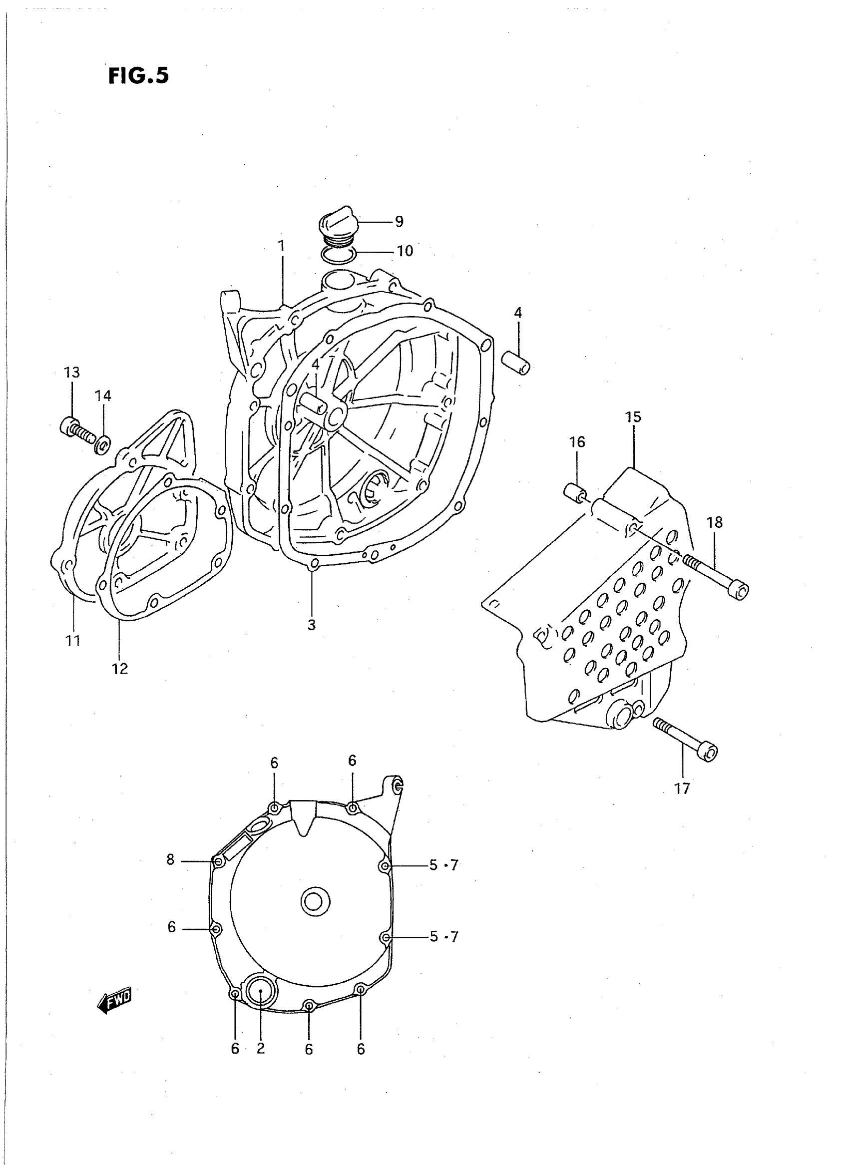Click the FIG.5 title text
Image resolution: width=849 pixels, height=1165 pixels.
click(x=138, y=75)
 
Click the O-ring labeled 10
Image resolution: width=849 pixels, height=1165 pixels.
click(x=338, y=253)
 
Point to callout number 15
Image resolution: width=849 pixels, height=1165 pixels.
click(x=633, y=417)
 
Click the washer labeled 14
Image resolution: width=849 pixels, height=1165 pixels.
click(x=102, y=444)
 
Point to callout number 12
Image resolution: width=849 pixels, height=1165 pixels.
click(x=120, y=669)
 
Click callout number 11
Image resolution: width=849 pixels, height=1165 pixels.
click(x=72, y=641)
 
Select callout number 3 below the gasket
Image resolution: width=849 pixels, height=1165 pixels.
click(x=312, y=625)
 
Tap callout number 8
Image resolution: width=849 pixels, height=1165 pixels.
click(x=171, y=859)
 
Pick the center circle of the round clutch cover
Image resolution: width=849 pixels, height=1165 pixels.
click(x=315, y=901)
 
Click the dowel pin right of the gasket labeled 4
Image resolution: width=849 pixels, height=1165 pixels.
click(x=516, y=363)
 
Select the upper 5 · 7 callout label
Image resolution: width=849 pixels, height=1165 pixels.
click(x=443, y=865)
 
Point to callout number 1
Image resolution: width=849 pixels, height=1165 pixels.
click(x=281, y=246)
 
